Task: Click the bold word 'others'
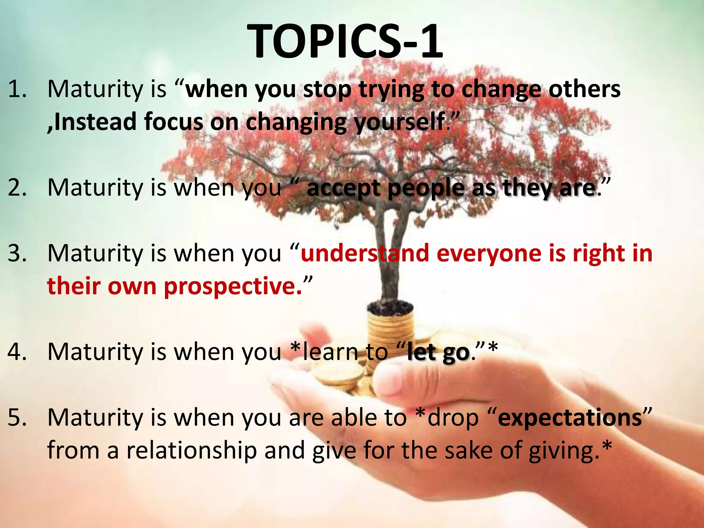584,89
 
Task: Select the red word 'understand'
365,253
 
